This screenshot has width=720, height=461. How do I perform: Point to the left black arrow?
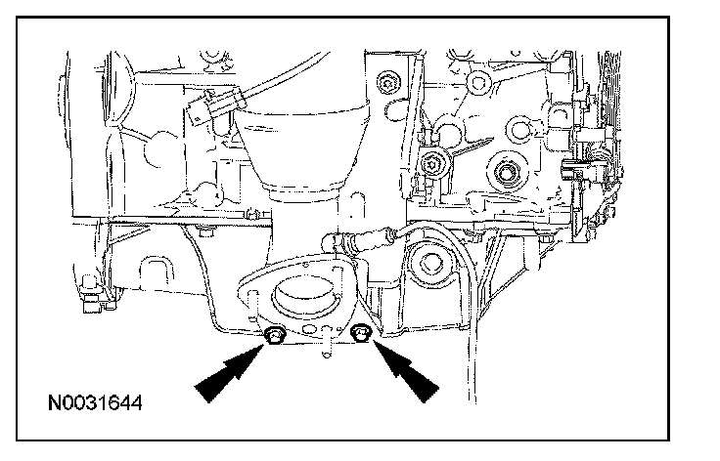227,377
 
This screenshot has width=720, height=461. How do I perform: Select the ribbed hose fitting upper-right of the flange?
372,236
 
